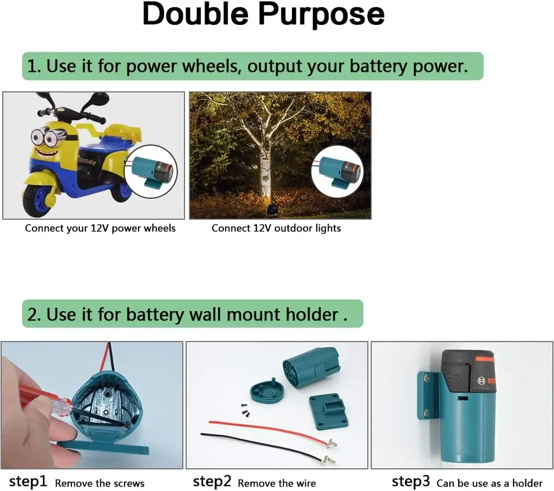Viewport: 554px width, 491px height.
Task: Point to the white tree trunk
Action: [265, 161]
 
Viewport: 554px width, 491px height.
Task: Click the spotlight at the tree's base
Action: [271, 210]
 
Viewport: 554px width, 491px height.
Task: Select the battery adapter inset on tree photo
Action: [337, 170]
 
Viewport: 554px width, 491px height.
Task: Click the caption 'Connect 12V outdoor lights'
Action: [276, 228]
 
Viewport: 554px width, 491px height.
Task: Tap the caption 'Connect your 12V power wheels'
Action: [100, 228]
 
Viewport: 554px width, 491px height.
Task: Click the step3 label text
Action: [411, 482]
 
